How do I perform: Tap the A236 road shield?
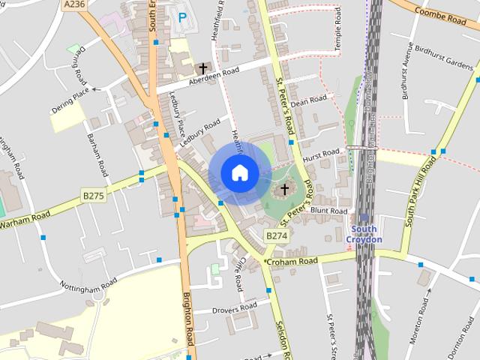74,4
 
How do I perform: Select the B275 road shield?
93,196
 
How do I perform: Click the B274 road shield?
276,235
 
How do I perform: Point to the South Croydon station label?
367,234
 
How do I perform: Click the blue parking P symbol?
182,16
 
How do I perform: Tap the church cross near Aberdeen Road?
202,67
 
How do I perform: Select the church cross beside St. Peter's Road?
283,189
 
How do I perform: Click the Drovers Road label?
236,308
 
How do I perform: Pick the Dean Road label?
309,100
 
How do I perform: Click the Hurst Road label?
321,155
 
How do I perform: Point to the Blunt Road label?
328,211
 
